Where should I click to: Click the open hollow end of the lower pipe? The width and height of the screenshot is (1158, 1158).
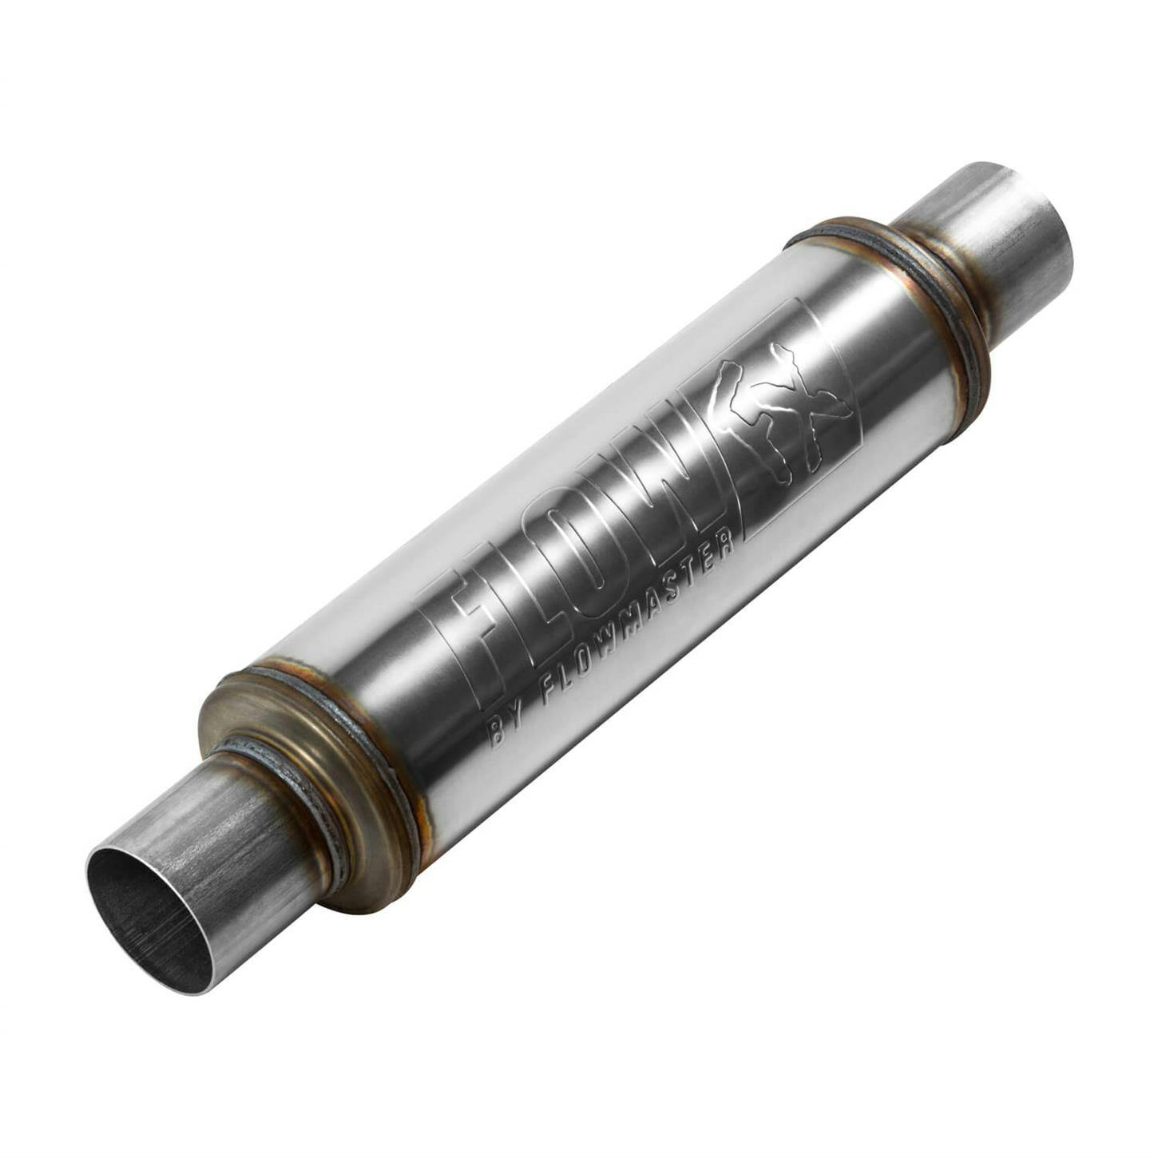tap(148, 918)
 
